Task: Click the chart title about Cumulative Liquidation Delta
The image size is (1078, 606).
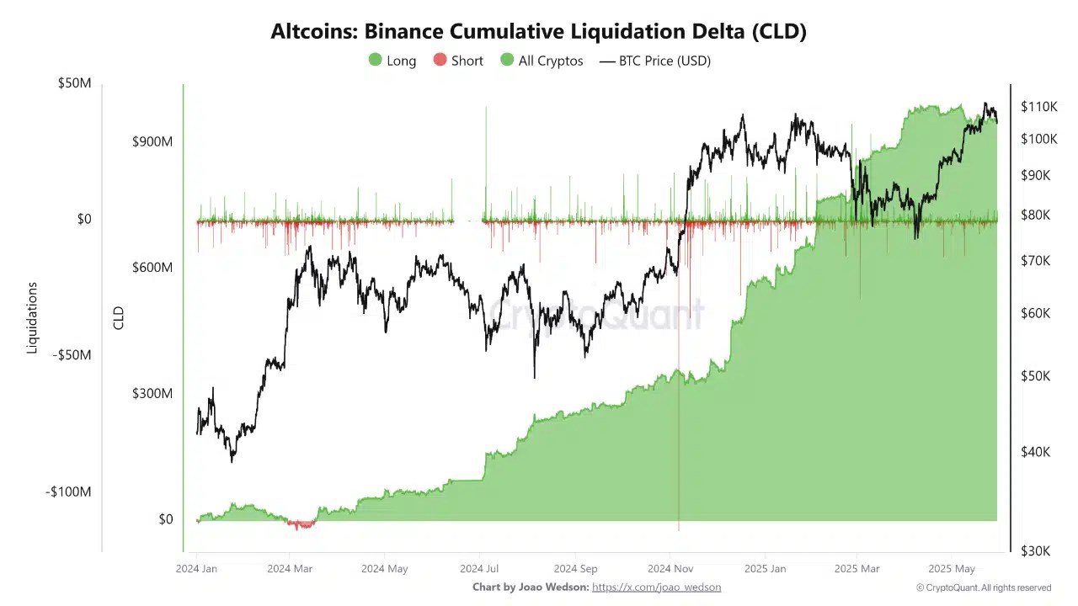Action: point(538,32)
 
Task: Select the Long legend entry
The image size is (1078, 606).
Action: point(392,61)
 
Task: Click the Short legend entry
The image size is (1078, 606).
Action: point(458,61)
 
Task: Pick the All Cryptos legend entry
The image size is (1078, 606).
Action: point(541,61)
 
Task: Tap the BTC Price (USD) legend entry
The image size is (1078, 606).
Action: point(654,61)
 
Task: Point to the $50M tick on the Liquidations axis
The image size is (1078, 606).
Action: point(74,83)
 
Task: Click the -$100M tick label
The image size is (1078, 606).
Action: point(68,492)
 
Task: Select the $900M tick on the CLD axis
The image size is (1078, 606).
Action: point(152,141)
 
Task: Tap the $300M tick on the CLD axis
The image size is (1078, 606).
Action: point(152,393)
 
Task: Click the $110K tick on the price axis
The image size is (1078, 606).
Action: point(1038,107)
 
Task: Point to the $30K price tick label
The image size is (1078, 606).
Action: point(1035,550)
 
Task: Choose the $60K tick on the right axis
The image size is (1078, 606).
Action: point(1035,313)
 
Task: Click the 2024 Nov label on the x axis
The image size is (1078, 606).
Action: point(670,568)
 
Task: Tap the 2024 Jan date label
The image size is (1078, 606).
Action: point(197,568)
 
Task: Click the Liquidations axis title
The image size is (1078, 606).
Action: point(33,318)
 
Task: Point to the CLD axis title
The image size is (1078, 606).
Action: point(119,318)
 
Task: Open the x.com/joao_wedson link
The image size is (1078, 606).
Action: point(656,587)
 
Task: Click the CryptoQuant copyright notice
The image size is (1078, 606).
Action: point(983,587)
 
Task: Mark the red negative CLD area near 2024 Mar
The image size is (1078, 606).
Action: point(302,524)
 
